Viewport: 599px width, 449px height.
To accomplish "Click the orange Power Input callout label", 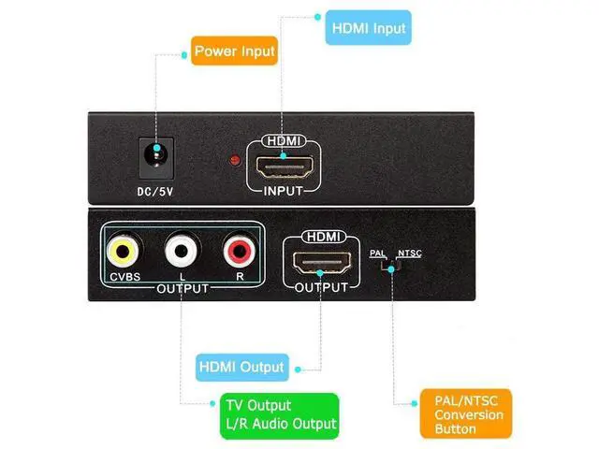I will (234, 51).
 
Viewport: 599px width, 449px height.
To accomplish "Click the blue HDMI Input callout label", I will (370, 28).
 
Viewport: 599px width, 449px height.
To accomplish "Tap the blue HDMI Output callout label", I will (241, 366).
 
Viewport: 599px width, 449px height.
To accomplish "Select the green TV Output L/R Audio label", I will (279, 415).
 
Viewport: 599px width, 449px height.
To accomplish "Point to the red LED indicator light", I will (234, 162).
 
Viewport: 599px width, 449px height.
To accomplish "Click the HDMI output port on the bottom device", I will (321, 262).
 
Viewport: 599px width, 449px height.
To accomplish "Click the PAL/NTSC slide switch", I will (390, 267).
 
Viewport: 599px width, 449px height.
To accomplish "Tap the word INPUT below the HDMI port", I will (284, 190).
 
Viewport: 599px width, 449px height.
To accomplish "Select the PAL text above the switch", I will (377, 253).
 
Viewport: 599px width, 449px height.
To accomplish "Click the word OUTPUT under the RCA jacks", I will (182, 289).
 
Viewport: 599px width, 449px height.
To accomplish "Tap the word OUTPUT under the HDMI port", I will (321, 287).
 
